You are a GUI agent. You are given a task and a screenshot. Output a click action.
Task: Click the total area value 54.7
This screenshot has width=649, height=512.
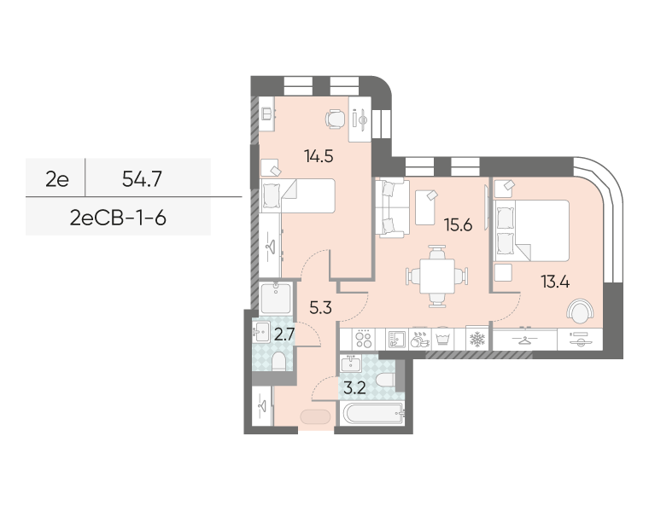(142, 179)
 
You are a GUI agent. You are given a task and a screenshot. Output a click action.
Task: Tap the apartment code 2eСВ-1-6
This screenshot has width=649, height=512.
(118, 218)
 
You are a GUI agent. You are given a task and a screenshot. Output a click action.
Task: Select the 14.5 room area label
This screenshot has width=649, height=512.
(319, 156)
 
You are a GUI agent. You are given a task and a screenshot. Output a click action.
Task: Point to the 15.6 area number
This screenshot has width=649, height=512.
(458, 225)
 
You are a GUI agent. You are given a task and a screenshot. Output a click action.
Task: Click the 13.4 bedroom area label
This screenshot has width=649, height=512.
(555, 282)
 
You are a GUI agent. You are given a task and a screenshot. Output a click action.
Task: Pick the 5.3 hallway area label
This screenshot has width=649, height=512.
(321, 308)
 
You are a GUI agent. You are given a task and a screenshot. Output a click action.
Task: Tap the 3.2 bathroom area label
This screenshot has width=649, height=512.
(355, 388)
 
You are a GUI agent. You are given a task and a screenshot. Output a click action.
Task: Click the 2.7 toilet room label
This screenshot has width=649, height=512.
(284, 335)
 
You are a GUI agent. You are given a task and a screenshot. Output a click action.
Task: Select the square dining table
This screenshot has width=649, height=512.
(437, 276)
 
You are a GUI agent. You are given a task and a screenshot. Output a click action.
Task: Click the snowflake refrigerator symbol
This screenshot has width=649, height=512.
(477, 340)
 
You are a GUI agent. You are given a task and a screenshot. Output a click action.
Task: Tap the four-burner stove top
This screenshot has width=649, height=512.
(364, 339)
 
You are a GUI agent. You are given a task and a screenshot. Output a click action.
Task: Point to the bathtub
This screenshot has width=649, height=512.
(373, 414)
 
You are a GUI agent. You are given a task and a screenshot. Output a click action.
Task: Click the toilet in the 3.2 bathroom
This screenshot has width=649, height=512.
(385, 380)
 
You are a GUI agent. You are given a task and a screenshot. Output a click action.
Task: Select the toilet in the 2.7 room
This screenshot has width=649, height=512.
(279, 362)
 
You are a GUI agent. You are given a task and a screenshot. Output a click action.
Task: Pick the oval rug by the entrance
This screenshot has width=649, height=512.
(315, 416)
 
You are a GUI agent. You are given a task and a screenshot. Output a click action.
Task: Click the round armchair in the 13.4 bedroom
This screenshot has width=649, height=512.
(581, 311)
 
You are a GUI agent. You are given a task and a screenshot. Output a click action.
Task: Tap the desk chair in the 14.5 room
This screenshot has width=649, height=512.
(335, 119)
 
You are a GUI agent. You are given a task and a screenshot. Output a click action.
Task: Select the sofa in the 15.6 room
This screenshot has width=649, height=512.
(392, 208)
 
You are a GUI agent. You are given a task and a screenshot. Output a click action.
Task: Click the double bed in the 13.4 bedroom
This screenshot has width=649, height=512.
(532, 230)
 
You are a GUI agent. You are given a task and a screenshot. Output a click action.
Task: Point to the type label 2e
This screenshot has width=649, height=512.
(57, 179)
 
